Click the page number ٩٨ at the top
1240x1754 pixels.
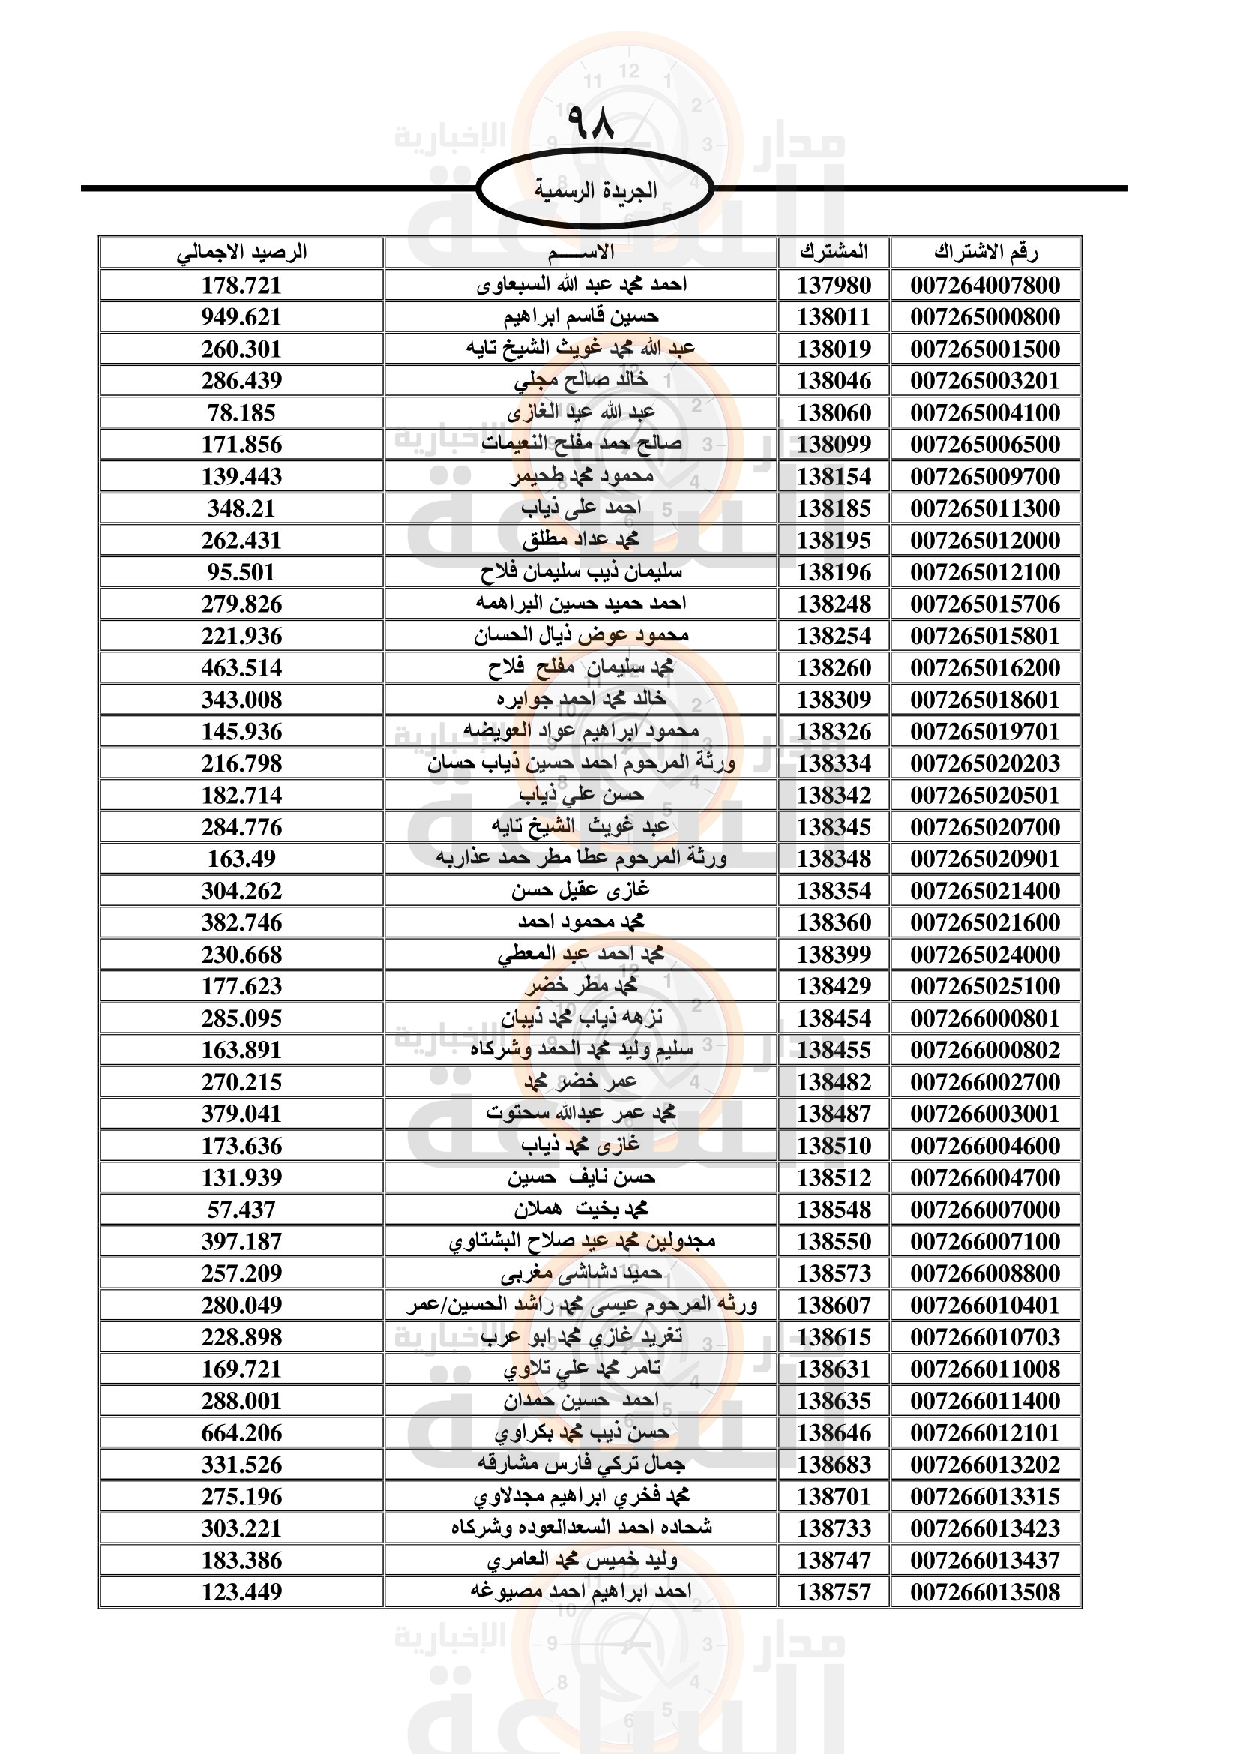(x=590, y=123)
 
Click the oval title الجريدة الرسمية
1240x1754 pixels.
(x=595, y=190)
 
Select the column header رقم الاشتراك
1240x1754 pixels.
(x=985, y=252)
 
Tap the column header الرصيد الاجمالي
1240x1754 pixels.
(x=241, y=252)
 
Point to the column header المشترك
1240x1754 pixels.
(x=834, y=252)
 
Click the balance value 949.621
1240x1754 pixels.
(x=241, y=317)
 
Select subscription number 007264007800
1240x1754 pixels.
(x=985, y=285)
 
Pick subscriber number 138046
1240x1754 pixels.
(x=834, y=380)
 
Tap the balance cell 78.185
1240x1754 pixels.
(x=241, y=412)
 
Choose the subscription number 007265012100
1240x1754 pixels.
(x=985, y=572)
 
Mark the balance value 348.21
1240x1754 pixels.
(x=241, y=508)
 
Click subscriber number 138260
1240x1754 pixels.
(x=834, y=667)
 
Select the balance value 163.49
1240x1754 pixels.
(x=241, y=859)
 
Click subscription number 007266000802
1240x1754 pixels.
(x=985, y=1050)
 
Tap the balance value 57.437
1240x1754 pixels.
(x=241, y=1210)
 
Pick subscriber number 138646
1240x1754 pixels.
(x=834, y=1432)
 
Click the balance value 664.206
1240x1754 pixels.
(x=241, y=1432)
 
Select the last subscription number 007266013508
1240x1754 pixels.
(x=985, y=1592)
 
